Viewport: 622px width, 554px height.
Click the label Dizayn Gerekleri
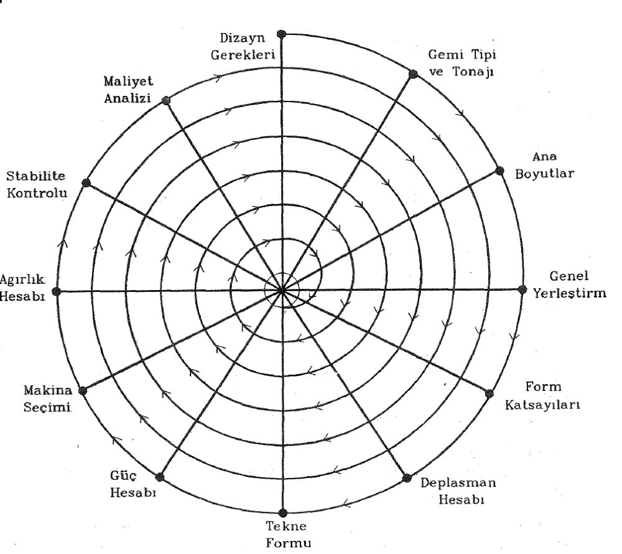pos(243,47)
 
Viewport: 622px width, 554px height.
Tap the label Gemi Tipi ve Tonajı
pos(462,63)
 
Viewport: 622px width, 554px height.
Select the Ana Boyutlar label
pos(545,165)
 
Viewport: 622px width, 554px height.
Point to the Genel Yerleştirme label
pos(570,284)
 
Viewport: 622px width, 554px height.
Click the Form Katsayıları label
pos(542,396)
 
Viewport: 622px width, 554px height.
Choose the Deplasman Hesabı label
pos(458,491)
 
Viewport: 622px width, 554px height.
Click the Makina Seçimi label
pos(48,398)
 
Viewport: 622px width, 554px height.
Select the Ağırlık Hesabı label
pos(22,288)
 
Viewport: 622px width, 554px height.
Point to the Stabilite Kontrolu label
pos(37,184)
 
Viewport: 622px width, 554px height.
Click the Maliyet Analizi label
pos(128,90)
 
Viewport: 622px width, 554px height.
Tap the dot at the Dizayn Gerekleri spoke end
pos(282,34)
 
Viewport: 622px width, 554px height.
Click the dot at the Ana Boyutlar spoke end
pos(499,171)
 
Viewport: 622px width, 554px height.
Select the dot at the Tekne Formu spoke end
pos(282,513)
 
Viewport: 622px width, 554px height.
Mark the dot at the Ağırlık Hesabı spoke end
pos(57,292)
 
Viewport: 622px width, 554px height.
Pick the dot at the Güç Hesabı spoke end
pos(160,477)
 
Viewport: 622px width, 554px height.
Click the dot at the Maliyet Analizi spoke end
pos(166,100)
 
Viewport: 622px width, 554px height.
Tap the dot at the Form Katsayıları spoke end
pos(489,393)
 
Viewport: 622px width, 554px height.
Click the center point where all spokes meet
pos(282,291)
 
